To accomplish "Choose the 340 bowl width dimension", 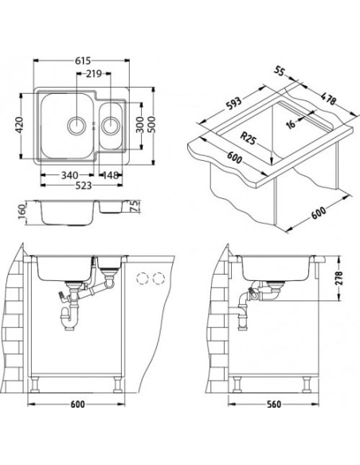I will (x=68, y=175).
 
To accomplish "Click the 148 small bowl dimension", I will (x=112, y=175).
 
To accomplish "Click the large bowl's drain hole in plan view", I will (x=78, y=124).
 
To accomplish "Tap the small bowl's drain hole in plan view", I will (x=111, y=124).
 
